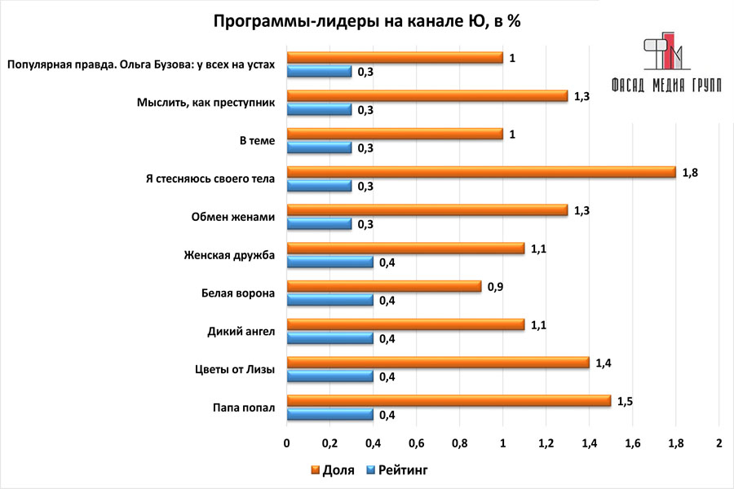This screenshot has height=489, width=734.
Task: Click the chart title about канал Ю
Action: (367, 22)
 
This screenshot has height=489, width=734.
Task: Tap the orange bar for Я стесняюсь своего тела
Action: (481, 172)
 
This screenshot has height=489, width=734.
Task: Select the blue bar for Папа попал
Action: (329, 414)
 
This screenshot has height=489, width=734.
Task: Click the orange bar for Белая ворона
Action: (383, 287)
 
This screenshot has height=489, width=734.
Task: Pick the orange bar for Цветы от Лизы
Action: (437, 363)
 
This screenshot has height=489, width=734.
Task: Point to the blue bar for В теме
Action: (319, 148)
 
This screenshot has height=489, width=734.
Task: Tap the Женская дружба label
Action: (231, 256)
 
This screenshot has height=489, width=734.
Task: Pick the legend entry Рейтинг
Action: (396, 470)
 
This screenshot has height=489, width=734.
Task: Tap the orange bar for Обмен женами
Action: (427, 210)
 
